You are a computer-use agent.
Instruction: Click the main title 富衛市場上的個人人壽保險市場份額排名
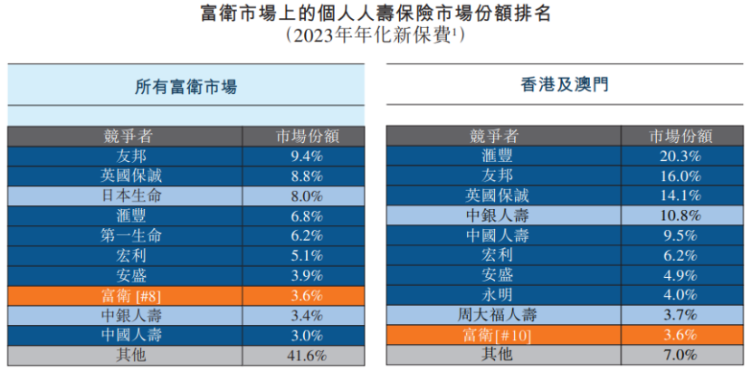[x=375, y=14]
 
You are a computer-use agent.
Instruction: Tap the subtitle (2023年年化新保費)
[x=375, y=35]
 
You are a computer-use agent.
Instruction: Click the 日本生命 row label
[x=126, y=196]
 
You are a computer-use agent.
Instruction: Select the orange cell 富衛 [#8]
[x=126, y=295]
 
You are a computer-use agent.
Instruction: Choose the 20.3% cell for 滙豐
[x=681, y=156]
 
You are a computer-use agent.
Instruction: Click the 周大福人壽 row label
[x=503, y=315]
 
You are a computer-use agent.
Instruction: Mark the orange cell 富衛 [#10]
[x=503, y=335]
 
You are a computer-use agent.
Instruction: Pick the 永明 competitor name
[x=503, y=295]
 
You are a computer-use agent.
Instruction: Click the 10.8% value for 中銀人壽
[x=681, y=215]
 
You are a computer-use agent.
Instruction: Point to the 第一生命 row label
[x=126, y=235]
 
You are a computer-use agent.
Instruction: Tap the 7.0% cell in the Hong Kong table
[x=681, y=355]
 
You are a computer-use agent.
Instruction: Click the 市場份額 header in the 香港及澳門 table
[x=681, y=136]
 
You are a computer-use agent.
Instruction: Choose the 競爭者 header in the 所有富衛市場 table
[x=126, y=136]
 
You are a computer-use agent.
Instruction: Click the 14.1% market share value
[x=681, y=196]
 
